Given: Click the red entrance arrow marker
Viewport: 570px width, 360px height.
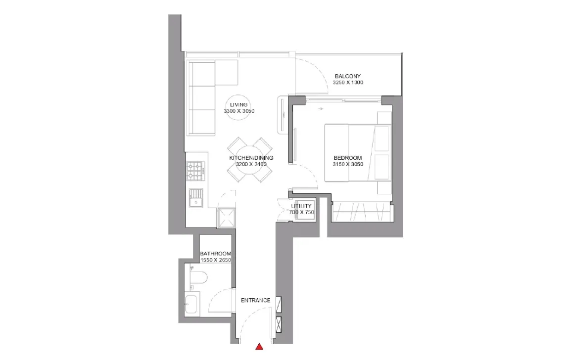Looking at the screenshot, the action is [259, 347].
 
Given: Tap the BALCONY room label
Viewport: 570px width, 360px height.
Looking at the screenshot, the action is [348, 76].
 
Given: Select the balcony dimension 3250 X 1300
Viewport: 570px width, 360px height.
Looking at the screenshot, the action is [348, 83].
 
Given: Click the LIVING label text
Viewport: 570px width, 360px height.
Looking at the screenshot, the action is [239, 105].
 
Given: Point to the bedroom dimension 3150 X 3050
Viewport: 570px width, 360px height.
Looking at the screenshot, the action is [348, 164].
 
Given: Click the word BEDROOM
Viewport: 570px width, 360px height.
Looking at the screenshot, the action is [348, 158].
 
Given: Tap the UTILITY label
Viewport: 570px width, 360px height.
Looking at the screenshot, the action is [301, 206].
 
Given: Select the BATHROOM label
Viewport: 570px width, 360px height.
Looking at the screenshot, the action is [216, 254].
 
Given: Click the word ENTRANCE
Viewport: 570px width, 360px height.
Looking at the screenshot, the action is [255, 301].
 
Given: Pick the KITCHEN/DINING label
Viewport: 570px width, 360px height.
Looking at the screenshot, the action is [251, 158].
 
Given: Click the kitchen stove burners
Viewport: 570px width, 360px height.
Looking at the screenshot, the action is [195, 172].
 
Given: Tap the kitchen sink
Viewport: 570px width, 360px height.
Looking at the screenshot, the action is [196, 198].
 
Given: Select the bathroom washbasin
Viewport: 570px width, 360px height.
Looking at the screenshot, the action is [191, 304].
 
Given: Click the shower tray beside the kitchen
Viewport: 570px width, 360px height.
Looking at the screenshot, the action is [227, 218].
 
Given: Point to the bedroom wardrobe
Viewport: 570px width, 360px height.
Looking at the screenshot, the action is [362, 212].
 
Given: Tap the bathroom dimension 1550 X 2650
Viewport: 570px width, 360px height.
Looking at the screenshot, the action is [216, 260].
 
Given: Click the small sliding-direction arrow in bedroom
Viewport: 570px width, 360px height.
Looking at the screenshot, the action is [320, 109].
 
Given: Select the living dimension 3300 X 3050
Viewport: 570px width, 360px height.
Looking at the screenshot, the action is [239, 111].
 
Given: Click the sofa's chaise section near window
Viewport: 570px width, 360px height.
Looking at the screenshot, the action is [227, 73].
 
